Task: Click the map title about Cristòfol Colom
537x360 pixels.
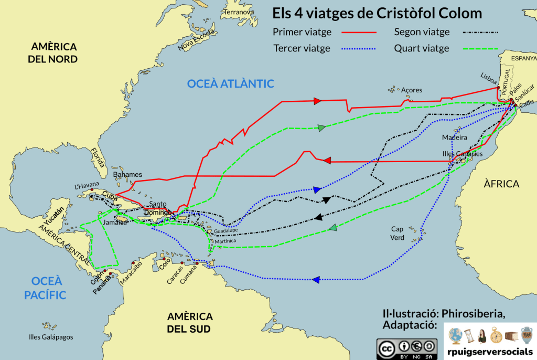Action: [377, 13]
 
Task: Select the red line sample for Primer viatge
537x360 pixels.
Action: [359, 32]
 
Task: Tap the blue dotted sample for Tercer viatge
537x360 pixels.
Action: [359, 49]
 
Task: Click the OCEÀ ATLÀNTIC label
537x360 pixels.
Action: [231, 83]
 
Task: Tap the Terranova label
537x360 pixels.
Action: [239, 12]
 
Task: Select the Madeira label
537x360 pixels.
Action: [454, 137]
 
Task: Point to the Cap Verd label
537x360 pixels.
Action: [398, 233]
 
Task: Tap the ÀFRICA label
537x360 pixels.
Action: [501, 184]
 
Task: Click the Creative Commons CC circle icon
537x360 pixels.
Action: [387, 347]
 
